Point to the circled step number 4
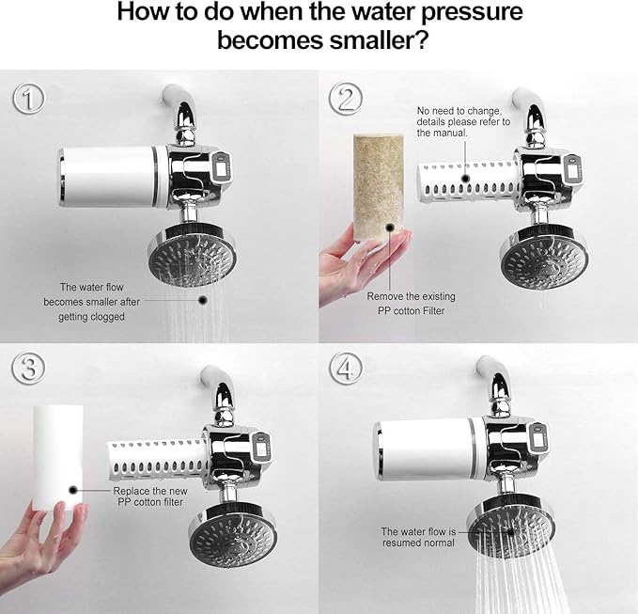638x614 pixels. tap(348, 370)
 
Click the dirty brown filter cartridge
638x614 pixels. tap(379, 184)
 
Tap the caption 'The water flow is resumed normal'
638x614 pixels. tap(418, 537)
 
